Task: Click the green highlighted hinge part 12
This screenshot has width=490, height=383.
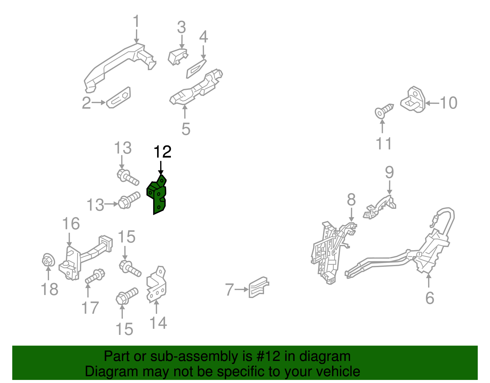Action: [x=158, y=196]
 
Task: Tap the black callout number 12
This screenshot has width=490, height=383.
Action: [x=162, y=152]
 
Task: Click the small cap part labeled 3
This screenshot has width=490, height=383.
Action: [x=177, y=56]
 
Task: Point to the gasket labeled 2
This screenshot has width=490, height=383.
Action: [x=119, y=98]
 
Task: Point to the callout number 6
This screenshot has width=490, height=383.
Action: [x=430, y=298]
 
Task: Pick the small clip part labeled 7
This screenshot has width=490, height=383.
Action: [x=258, y=287]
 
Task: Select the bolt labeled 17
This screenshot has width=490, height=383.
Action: [x=95, y=276]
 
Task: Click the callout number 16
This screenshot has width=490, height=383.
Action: [x=71, y=224]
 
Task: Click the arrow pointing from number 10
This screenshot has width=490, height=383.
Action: [x=432, y=103]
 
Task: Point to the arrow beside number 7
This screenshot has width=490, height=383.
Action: [x=242, y=289]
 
